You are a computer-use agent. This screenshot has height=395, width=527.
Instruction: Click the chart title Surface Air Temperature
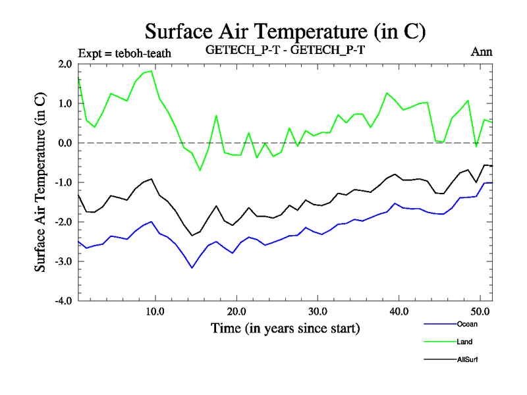285,31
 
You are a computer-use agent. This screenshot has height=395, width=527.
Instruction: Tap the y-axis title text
41,182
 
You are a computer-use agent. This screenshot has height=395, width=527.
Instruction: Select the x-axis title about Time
285,327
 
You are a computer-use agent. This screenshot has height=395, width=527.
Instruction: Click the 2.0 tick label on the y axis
65,64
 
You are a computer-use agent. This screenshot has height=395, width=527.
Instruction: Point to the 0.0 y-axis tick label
65,143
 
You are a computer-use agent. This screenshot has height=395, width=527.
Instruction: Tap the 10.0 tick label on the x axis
155,311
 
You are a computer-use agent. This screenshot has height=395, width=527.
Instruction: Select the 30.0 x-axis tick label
318,311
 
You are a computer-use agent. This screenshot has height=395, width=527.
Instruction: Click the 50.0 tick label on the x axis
480,311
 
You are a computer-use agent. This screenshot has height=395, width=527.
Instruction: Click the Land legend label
464,342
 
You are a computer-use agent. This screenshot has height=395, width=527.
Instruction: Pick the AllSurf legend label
467,359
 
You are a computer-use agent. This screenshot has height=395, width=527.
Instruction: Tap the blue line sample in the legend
438,324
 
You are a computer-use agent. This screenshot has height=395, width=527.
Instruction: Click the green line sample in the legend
438,342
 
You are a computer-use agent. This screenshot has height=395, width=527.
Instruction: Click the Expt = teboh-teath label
125,53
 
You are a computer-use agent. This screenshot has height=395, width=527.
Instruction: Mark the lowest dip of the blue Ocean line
192,268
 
